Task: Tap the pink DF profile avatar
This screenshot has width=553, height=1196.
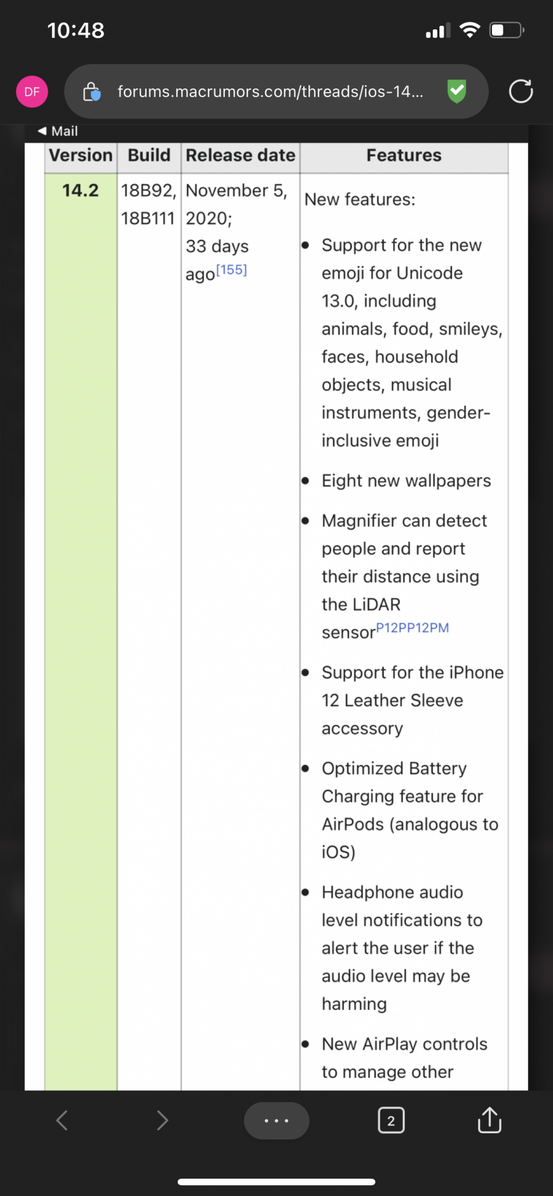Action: [32, 91]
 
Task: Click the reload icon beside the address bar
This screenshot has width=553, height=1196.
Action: [520, 91]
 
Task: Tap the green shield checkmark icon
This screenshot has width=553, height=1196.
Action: [457, 91]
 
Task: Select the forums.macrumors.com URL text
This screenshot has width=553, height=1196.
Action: [270, 91]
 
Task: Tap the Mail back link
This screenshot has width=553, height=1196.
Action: [58, 131]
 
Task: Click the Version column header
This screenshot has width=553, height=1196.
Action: [81, 155]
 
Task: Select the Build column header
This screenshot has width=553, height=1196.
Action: [149, 155]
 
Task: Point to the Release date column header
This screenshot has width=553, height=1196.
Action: [240, 155]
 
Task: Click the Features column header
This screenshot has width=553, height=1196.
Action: [404, 155]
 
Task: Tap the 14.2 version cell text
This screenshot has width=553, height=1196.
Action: [80, 191]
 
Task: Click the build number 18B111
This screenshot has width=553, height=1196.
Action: [148, 218]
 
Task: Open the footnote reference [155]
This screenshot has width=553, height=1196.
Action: [231, 270]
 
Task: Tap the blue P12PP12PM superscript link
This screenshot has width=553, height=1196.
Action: [412, 628]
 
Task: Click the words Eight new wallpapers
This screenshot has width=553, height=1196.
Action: [406, 481]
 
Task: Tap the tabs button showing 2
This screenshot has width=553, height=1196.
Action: [391, 1120]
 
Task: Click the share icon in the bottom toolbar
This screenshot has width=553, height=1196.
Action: [489, 1120]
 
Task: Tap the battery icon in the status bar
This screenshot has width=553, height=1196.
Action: [506, 30]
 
